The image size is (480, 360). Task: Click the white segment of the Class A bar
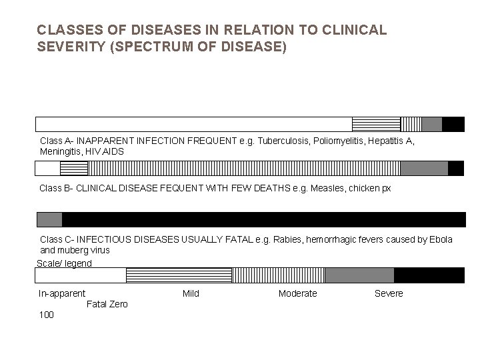[x=193, y=124]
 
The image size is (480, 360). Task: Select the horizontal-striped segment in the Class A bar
[x=375, y=124]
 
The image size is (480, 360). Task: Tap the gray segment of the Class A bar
[x=431, y=124]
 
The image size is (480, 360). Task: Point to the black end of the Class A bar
[x=453, y=124]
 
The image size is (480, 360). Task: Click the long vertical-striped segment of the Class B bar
[x=230, y=168]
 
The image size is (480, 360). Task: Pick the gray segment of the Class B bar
[x=424, y=168]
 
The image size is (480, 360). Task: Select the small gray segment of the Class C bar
[x=49, y=219]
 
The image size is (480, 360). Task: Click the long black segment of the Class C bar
[x=263, y=219]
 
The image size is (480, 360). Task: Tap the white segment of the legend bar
[x=81, y=275]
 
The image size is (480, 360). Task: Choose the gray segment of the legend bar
[x=359, y=275]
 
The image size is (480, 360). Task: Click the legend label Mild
[x=191, y=294]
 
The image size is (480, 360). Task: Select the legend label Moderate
[x=297, y=294]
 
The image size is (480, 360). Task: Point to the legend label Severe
[x=389, y=294]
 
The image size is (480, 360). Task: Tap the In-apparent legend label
[x=62, y=294]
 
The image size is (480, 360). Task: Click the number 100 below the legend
[x=47, y=315]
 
